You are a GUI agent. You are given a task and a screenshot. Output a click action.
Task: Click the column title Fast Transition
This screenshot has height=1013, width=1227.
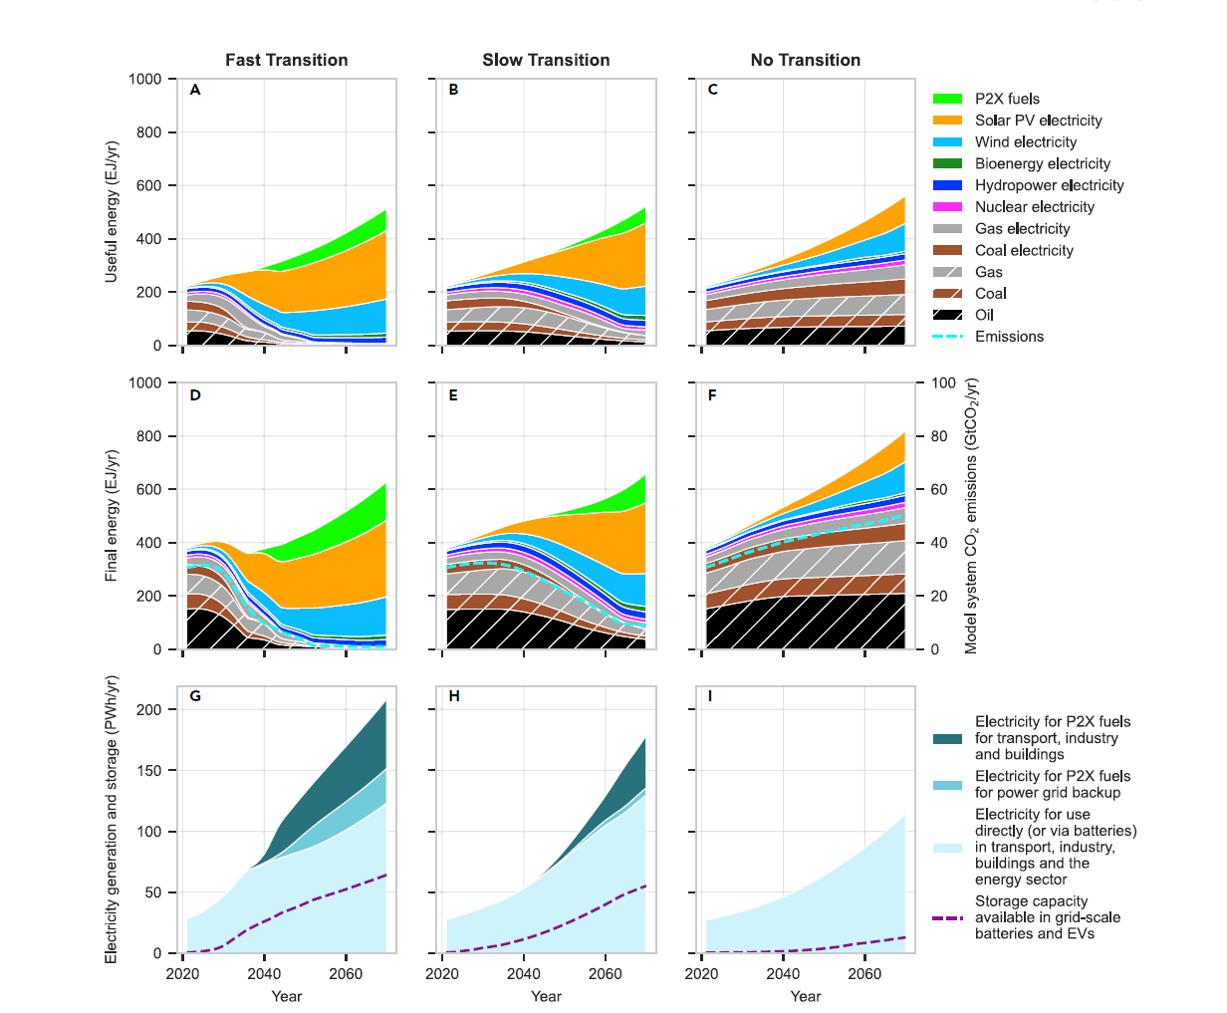286,60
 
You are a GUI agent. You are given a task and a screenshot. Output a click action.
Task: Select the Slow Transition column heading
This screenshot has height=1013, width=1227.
546,60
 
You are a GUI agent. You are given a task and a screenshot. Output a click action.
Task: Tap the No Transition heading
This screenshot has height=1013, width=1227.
805,60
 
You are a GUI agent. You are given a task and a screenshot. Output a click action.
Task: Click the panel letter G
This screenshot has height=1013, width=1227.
195,695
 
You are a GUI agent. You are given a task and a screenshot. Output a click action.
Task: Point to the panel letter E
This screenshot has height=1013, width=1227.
453,395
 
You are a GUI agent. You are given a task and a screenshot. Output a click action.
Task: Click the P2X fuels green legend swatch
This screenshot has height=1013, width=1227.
947,99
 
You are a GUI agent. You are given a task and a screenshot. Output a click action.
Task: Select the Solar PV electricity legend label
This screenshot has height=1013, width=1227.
1038,121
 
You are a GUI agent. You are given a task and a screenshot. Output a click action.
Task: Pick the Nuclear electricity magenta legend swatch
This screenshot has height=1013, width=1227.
947,207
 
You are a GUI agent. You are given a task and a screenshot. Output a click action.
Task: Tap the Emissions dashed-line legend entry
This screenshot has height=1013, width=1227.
947,337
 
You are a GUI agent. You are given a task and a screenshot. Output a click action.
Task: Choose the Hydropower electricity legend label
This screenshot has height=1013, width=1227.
1049,185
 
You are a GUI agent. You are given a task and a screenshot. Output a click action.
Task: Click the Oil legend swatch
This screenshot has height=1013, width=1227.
947,315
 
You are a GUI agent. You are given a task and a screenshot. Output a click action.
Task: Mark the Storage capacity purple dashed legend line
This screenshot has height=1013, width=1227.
947,917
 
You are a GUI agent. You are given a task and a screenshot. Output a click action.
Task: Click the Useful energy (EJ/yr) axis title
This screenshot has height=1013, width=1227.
112,211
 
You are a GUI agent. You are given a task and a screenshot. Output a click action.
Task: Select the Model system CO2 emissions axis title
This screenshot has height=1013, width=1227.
971,516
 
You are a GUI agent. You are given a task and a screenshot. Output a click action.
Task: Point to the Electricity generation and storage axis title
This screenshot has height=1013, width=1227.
112,819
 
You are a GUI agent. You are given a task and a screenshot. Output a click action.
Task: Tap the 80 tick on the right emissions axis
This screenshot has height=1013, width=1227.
938,436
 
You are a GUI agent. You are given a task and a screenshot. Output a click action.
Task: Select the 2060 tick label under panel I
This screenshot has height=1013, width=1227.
863,973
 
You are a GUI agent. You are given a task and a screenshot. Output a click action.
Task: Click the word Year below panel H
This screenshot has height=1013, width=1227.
546,996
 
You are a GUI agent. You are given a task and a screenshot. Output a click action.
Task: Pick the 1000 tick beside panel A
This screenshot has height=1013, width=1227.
144,80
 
